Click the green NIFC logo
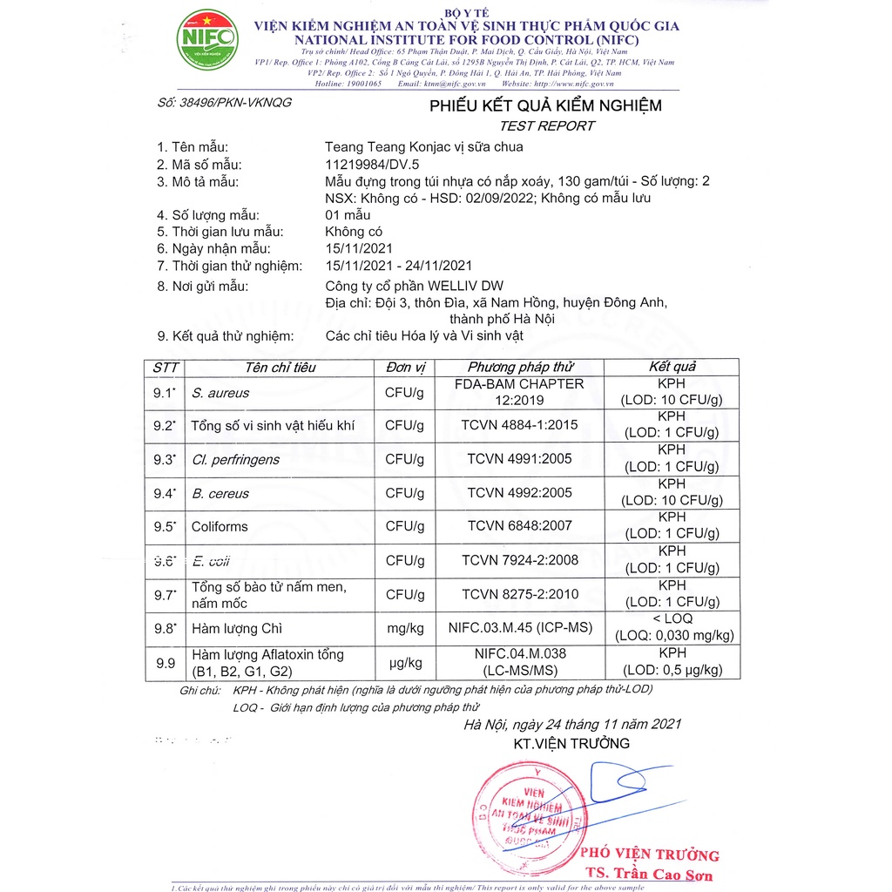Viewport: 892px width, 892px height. [206, 39]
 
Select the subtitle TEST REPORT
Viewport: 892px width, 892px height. [546, 125]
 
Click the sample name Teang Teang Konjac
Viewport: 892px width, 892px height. [423, 147]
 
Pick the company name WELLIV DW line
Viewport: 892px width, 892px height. [414, 286]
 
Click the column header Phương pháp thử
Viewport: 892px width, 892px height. [520, 367]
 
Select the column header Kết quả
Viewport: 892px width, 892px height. [672, 367]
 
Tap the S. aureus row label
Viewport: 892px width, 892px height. [220, 393]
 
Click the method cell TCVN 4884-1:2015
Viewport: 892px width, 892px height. [520, 425]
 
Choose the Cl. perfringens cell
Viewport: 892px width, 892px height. [235, 459]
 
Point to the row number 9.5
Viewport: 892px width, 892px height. [164, 526]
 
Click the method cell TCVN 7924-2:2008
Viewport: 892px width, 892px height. [520, 560]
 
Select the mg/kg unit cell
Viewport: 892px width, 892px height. [404, 628]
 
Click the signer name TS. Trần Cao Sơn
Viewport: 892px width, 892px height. [649, 874]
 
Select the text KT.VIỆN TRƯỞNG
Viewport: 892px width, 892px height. [571, 743]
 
